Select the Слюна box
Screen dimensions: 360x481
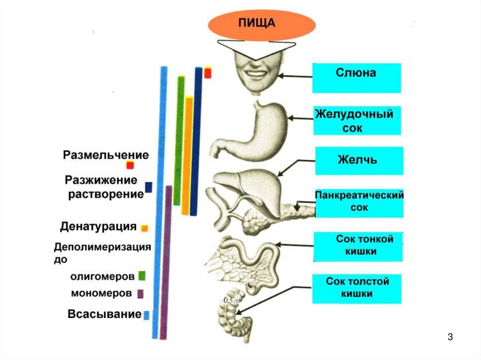[356, 78]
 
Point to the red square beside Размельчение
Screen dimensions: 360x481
[130, 165]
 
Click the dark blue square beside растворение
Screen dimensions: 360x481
[148, 187]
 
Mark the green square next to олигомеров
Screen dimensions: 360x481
[141, 276]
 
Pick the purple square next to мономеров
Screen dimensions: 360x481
[140, 294]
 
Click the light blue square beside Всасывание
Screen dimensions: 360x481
[146, 315]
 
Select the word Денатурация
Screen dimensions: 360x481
[98, 227]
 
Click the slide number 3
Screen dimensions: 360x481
[450, 337]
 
